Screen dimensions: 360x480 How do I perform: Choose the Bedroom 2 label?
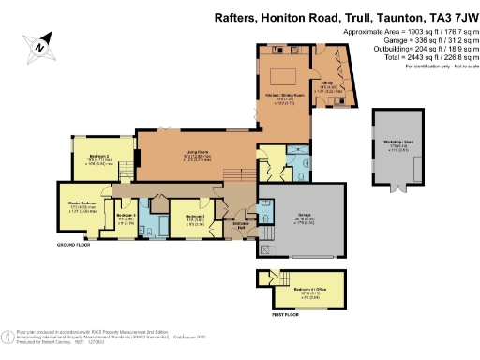point(100,156)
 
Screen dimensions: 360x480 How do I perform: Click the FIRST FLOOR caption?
point(273,317)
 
